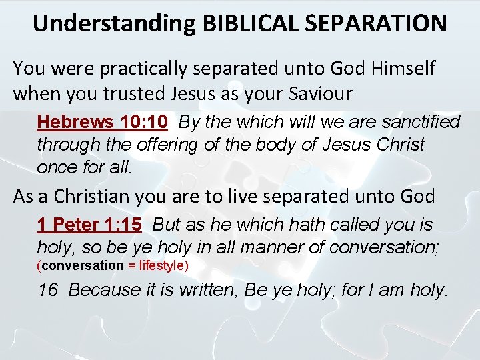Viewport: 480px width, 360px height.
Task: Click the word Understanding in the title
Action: pos(113,23)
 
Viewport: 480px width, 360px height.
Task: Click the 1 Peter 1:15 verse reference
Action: pos(89,225)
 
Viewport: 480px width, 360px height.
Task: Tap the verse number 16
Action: pos(48,290)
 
